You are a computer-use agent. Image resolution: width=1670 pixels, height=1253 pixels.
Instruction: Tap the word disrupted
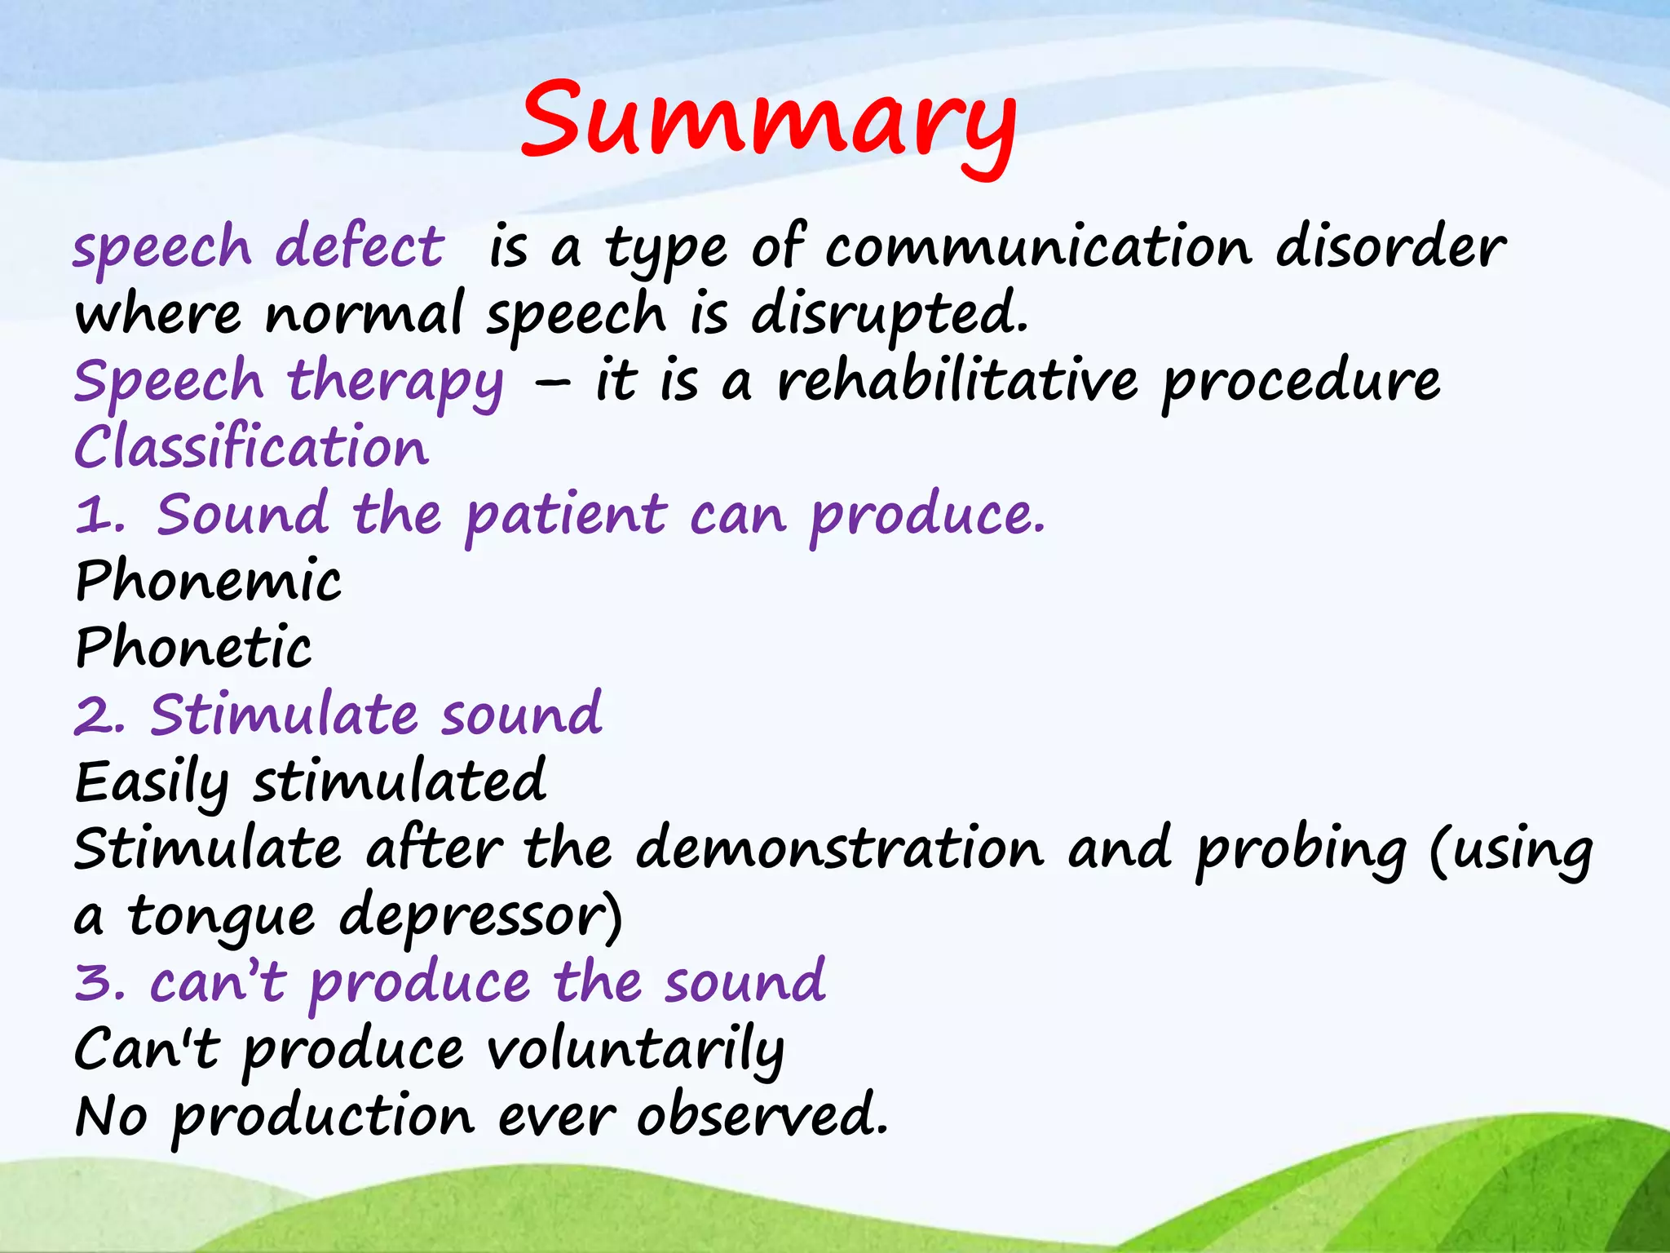pyautogui.click(x=888, y=315)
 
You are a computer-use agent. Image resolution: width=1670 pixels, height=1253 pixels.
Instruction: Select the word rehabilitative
pyautogui.click(x=956, y=382)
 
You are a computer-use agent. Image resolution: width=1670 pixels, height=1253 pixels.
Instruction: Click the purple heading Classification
pyautogui.click(x=251, y=448)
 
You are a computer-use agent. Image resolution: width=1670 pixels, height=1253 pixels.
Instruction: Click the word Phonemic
pyautogui.click(x=209, y=582)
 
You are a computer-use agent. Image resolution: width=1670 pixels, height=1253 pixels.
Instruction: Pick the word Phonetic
pyautogui.click(x=193, y=649)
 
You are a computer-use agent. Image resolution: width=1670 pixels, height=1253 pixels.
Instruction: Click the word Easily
pyautogui.click(x=152, y=783)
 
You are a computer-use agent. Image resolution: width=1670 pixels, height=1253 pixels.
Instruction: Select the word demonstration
pyautogui.click(x=840, y=849)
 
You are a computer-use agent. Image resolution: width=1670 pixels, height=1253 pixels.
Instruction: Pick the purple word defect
pyautogui.click(x=360, y=248)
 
